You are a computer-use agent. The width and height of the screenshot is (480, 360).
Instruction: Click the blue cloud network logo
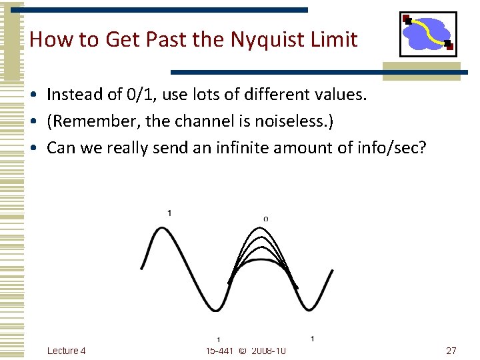click(427, 34)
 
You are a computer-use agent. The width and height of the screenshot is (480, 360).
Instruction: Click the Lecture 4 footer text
click(67, 351)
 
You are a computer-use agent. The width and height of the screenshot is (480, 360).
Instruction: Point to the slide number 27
click(451, 351)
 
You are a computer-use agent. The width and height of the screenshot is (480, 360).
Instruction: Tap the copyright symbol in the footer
click(241, 351)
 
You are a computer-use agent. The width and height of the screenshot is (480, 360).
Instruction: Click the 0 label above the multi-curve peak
click(266, 219)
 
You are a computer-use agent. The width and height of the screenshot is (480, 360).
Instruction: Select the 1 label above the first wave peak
click(169, 213)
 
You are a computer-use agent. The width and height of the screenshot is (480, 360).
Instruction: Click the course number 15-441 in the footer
click(219, 351)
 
